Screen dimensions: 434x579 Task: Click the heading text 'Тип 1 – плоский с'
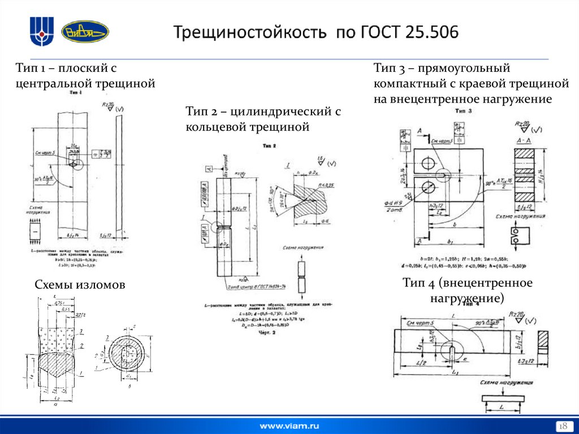[x=66, y=68]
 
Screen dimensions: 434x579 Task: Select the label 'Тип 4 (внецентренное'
[x=468, y=282]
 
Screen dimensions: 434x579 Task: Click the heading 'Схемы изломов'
[x=79, y=285]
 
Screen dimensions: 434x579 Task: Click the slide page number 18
[x=563, y=426]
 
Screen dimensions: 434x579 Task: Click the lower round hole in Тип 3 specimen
[x=428, y=188]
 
